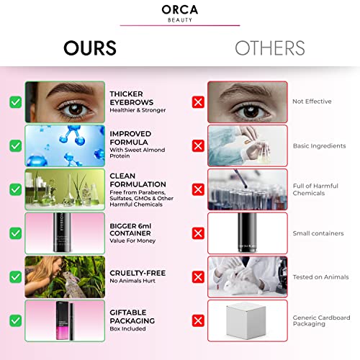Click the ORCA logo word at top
point(179,9)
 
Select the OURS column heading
point(90,48)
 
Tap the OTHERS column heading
point(269,48)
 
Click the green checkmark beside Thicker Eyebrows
point(14,102)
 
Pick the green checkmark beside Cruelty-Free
point(14,277)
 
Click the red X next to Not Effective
point(197,102)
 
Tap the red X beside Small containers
point(197,233)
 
